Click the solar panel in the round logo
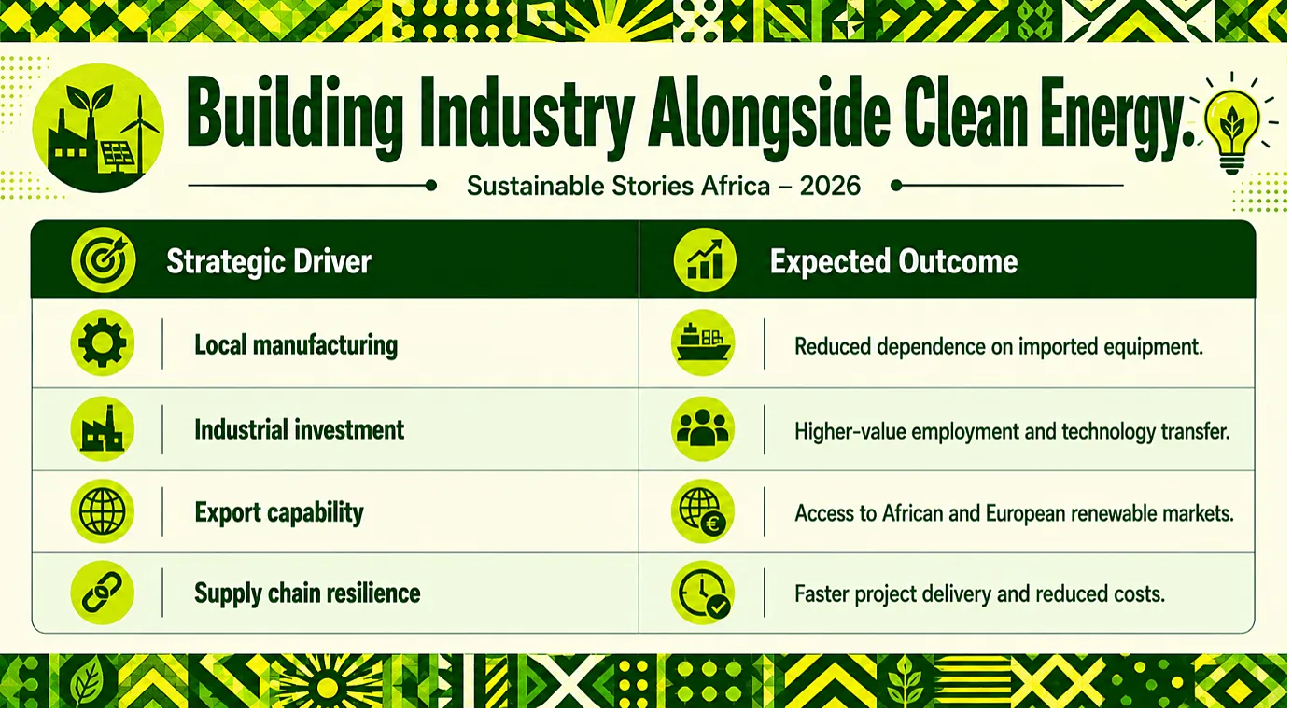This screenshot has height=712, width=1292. click(119, 156)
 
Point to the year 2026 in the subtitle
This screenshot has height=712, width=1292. click(830, 186)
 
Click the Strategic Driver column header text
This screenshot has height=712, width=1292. click(269, 261)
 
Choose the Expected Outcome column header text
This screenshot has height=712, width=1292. click(893, 261)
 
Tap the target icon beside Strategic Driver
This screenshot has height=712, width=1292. click(104, 260)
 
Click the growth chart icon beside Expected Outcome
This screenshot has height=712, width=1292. click(704, 260)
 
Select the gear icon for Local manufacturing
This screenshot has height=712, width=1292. click(102, 343)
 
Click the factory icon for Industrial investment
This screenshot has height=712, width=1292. click(102, 428)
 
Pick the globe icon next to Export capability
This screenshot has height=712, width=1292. click(102, 511)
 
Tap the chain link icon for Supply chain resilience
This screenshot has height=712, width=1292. click(102, 592)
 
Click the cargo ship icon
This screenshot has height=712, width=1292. click(703, 342)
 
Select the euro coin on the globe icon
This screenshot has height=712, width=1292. click(713, 524)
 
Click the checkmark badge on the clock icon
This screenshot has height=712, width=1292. click(718, 607)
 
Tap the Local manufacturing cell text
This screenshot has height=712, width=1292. click(296, 345)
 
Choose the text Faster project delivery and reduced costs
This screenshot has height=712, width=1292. click(979, 593)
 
